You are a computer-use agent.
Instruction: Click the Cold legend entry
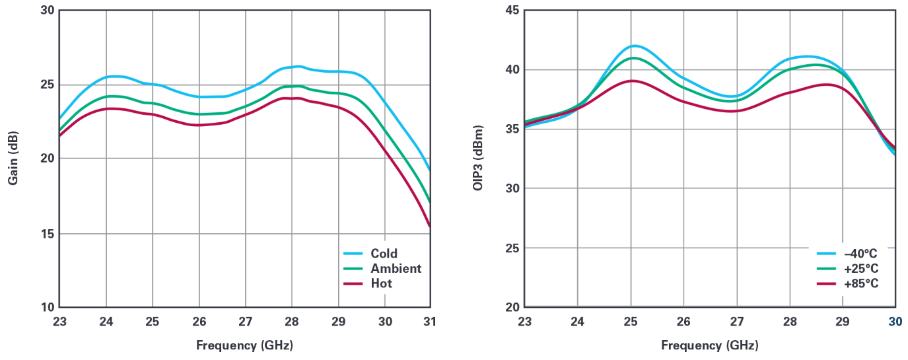pyautogui.click(x=384, y=254)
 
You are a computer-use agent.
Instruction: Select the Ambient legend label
pyautogui.click(x=396, y=268)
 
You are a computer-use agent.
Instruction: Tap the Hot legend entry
pyautogui.click(x=381, y=283)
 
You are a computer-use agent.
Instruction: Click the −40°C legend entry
pyautogui.click(x=859, y=254)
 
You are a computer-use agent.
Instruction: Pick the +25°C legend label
pyautogui.click(x=859, y=269)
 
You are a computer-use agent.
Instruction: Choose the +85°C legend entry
pyautogui.click(x=859, y=283)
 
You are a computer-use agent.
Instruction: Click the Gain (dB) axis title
pyautogui.click(x=13, y=159)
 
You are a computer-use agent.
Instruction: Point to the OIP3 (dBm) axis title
pyautogui.click(x=478, y=159)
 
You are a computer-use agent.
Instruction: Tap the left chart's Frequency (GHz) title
pyautogui.click(x=244, y=345)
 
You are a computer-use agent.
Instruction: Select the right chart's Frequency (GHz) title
pyautogui.click(x=709, y=345)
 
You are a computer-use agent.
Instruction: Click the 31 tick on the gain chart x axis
pyautogui.click(x=431, y=322)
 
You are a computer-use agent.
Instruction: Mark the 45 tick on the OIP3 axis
pyautogui.click(x=512, y=11)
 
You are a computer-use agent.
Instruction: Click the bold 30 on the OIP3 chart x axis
pyautogui.click(x=895, y=322)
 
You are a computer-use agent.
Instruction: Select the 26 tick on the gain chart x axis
pyautogui.click(x=199, y=322)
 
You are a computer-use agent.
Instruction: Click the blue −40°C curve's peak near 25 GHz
pyautogui.click(x=634, y=46)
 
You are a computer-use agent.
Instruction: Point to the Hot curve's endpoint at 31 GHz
pyautogui.click(x=430, y=227)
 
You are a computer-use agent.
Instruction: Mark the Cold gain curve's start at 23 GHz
pyautogui.click(x=60, y=118)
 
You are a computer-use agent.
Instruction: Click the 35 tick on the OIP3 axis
pyautogui.click(x=512, y=129)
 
